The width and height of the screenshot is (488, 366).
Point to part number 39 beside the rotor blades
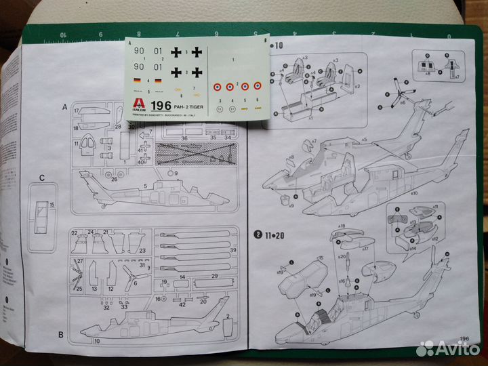tap(233, 250)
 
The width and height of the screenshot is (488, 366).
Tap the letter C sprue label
tap(42, 178)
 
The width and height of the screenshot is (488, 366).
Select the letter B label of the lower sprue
tap(61, 334)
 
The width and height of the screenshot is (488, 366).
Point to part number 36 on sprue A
tap(184, 138)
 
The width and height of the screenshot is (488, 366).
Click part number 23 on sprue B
tap(142, 251)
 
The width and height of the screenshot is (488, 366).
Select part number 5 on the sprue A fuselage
tap(145, 186)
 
